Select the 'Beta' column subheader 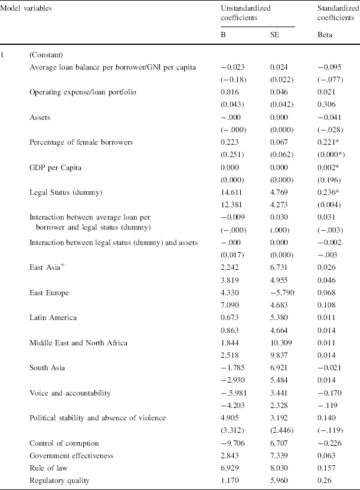325,35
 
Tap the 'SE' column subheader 274,35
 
